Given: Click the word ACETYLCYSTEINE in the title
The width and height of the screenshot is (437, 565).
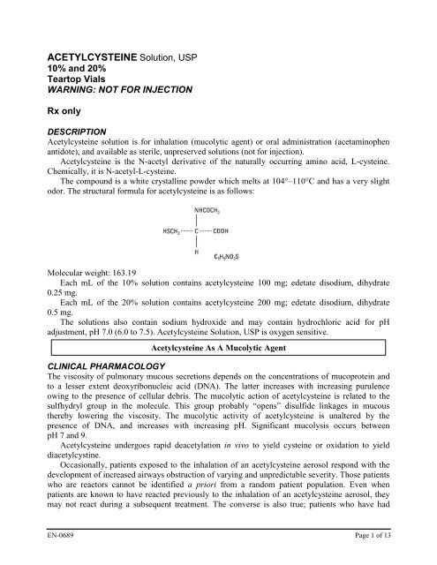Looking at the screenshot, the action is pyautogui.click(x=83, y=56).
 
